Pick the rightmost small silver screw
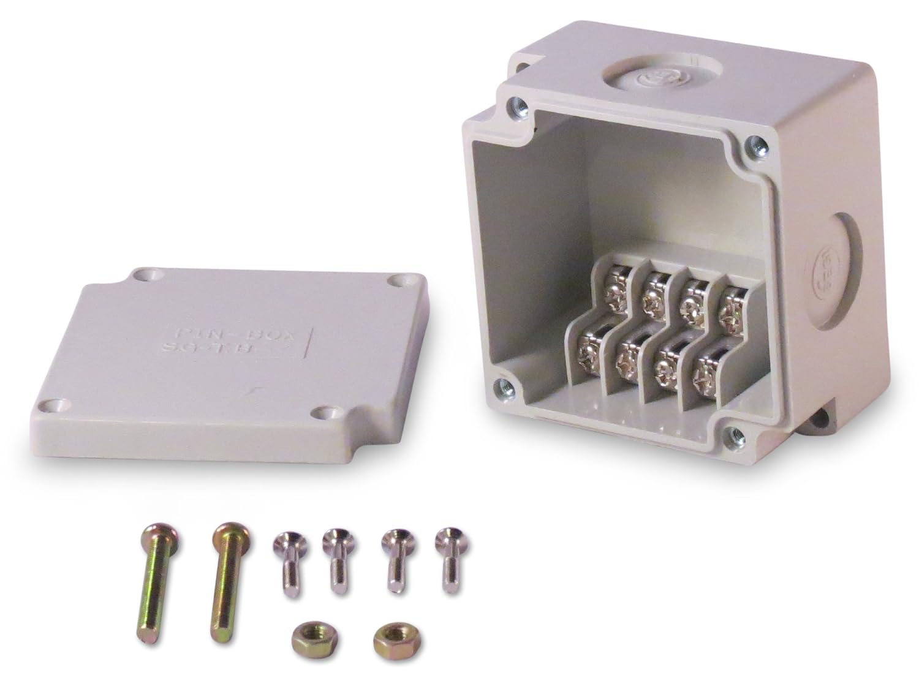[447, 557]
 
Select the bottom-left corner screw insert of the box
[501, 386]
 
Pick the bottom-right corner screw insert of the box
[728, 434]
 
